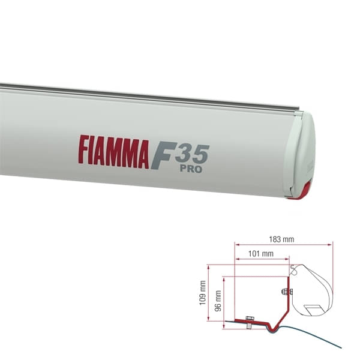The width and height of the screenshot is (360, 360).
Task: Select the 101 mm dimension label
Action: (260, 254)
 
